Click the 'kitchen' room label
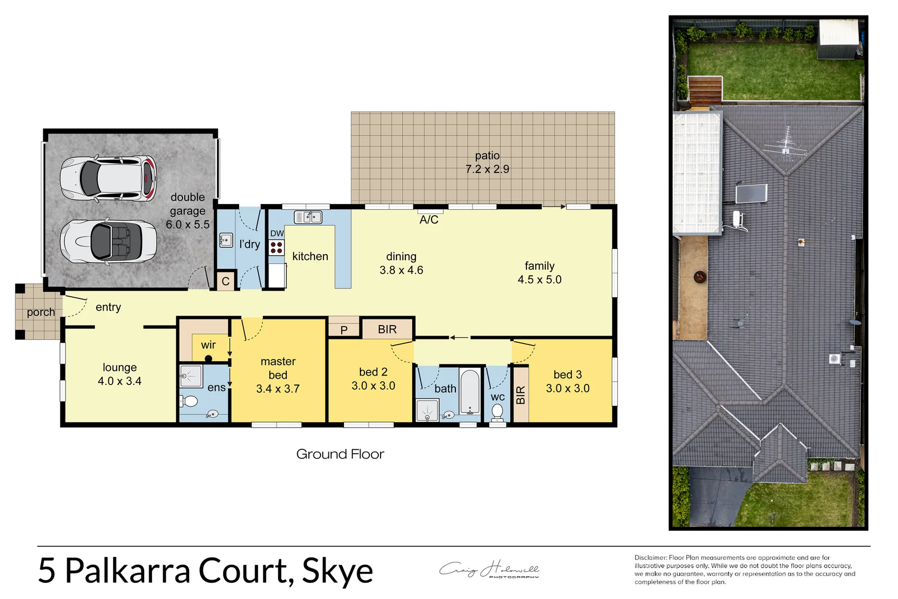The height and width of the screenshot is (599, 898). [x=310, y=256]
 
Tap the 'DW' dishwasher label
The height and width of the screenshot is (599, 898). [x=277, y=233]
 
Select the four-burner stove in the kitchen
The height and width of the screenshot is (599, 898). [x=276, y=247]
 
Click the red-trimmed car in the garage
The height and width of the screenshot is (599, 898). [x=108, y=178]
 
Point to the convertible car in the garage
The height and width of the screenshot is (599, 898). [x=108, y=241]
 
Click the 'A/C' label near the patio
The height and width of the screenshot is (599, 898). [x=429, y=220]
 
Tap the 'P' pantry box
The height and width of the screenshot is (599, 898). [x=344, y=329]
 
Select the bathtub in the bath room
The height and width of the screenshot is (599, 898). [x=470, y=392]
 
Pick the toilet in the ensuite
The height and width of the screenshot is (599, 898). [x=190, y=401]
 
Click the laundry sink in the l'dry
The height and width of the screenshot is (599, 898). [x=226, y=241]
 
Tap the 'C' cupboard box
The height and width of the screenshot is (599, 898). [x=226, y=281]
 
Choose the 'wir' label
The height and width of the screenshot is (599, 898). [x=209, y=345]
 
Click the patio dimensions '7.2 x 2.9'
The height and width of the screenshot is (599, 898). [x=487, y=169]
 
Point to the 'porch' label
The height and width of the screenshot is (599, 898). [x=41, y=312]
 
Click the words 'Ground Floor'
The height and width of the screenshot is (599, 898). [x=340, y=454]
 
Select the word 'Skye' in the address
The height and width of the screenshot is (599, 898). [x=337, y=571]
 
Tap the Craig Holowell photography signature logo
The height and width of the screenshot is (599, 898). [x=489, y=570]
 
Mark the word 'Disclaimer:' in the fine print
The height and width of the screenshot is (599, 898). [x=651, y=557]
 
